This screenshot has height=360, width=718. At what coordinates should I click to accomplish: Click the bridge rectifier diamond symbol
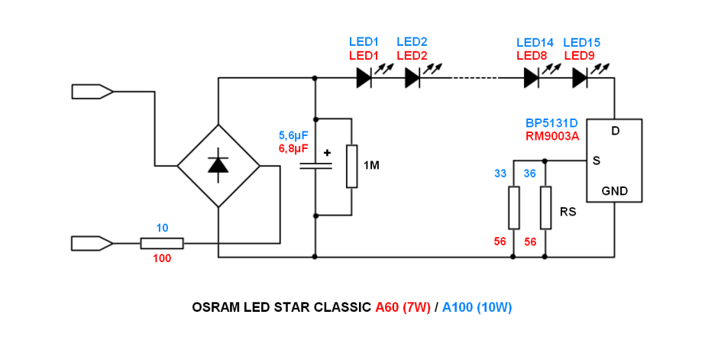(x=218, y=165)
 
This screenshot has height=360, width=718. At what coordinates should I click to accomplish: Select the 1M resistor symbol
(x=351, y=166)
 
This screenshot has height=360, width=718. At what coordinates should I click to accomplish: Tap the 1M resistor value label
(x=372, y=166)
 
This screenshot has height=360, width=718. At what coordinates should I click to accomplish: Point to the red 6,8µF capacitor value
(x=294, y=148)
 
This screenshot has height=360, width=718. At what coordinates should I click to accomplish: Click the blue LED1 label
(x=364, y=42)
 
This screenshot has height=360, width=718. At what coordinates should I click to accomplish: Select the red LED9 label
(x=579, y=56)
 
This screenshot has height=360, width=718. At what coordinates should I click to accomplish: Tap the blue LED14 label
(x=535, y=42)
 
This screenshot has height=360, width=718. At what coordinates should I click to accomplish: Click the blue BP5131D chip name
(x=551, y=123)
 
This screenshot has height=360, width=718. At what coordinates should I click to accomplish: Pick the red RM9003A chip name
(x=551, y=136)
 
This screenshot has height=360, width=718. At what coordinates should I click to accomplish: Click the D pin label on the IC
(x=616, y=131)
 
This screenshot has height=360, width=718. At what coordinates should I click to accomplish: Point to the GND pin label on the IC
(x=615, y=191)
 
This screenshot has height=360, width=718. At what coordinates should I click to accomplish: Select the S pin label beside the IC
(x=597, y=161)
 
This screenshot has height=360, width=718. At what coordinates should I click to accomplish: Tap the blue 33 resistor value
(x=500, y=174)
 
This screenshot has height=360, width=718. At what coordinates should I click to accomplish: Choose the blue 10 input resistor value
(x=162, y=228)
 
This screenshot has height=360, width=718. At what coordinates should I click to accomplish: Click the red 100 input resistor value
(x=162, y=258)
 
